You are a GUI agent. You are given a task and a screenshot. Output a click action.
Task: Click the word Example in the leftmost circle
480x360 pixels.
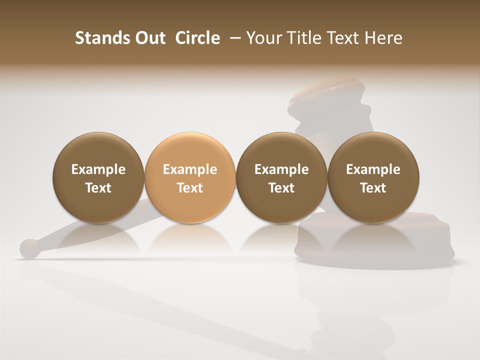pos(98,169)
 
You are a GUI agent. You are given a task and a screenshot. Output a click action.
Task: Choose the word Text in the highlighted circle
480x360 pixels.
pos(189,188)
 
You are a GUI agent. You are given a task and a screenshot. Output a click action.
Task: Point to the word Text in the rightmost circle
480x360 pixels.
pos(373,188)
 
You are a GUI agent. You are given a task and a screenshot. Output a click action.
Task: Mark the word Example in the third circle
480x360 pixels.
pos(281,169)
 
